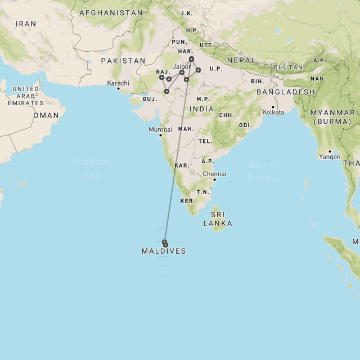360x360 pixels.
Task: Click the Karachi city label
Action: [119, 83]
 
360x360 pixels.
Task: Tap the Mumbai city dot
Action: [160, 135]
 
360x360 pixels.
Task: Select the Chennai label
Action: [214, 174]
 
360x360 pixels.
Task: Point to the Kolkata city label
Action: [273, 112]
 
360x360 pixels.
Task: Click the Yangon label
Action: [330, 157]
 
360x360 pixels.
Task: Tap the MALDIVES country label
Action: [164, 251]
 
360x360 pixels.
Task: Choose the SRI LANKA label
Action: [218, 219]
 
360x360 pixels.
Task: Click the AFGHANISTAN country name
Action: [111, 12]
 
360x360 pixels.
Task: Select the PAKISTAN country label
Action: [123, 60]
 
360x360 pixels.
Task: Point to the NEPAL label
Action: [241, 60]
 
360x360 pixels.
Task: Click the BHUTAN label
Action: [289, 67]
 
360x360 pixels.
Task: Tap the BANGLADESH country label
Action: [286, 92]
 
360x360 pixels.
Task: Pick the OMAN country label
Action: [46, 115]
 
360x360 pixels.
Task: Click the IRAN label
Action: [26, 24]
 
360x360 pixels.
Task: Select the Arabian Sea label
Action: [92, 168]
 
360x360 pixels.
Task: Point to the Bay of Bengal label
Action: [263, 171]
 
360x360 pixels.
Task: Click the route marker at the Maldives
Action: [165, 243]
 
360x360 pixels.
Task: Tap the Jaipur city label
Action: [182, 66]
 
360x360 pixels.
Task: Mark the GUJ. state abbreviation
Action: [150, 98]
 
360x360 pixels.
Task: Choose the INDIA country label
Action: [201, 109]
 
